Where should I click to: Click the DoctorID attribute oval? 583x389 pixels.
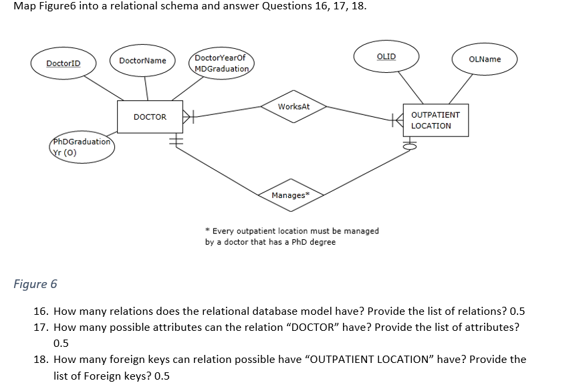pos(64,63)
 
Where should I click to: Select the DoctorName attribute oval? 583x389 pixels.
pos(142,61)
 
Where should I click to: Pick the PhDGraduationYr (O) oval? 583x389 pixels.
pos(81,147)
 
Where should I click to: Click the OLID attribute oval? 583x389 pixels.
pos(386,57)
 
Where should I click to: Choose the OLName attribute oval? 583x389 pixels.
pos(485,59)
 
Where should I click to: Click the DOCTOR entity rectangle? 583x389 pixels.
pos(150,117)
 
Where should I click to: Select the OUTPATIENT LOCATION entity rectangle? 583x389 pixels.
pos(435,120)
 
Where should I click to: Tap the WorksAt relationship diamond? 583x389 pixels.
pos(294,107)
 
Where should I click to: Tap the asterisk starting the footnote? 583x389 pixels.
pos(207,231)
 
